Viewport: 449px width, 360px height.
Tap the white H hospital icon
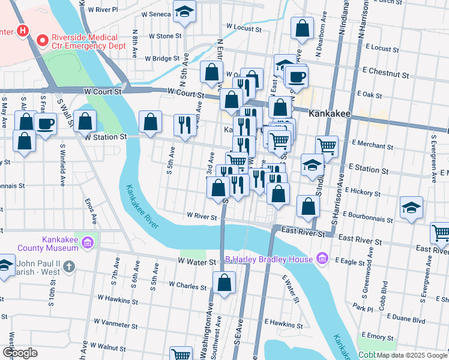pos(23,30)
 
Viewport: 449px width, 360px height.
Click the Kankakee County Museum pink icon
pos(88,242)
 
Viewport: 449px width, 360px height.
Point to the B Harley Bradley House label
pos(269,259)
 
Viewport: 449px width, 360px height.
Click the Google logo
pos(20,353)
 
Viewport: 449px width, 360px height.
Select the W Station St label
pos(106,137)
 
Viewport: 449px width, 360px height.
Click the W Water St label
pos(196,262)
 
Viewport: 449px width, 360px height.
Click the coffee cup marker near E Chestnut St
pos(296,76)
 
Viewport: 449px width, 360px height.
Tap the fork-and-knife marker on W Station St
pos(184,125)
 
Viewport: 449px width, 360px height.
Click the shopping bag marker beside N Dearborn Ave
pos(303,28)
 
